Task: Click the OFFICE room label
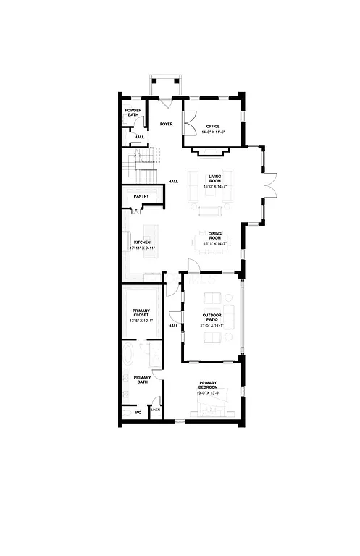pyautogui.click(x=212, y=126)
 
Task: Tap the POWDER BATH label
pyautogui.click(x=133, y=113)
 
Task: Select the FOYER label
pyautogui.click(x=167, y=124)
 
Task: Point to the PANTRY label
pyautogui.click(x=141, y=196)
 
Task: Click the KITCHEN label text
pyautogui.click(x=142, y=242)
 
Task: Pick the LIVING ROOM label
pyautogui.click(x=215, y=178)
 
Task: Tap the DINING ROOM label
pyautogui.click(x=215, y=236)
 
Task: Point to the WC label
pyautogui.click(x=138, y=413)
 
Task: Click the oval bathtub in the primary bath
pyautogui.click(x=129, y=356)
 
